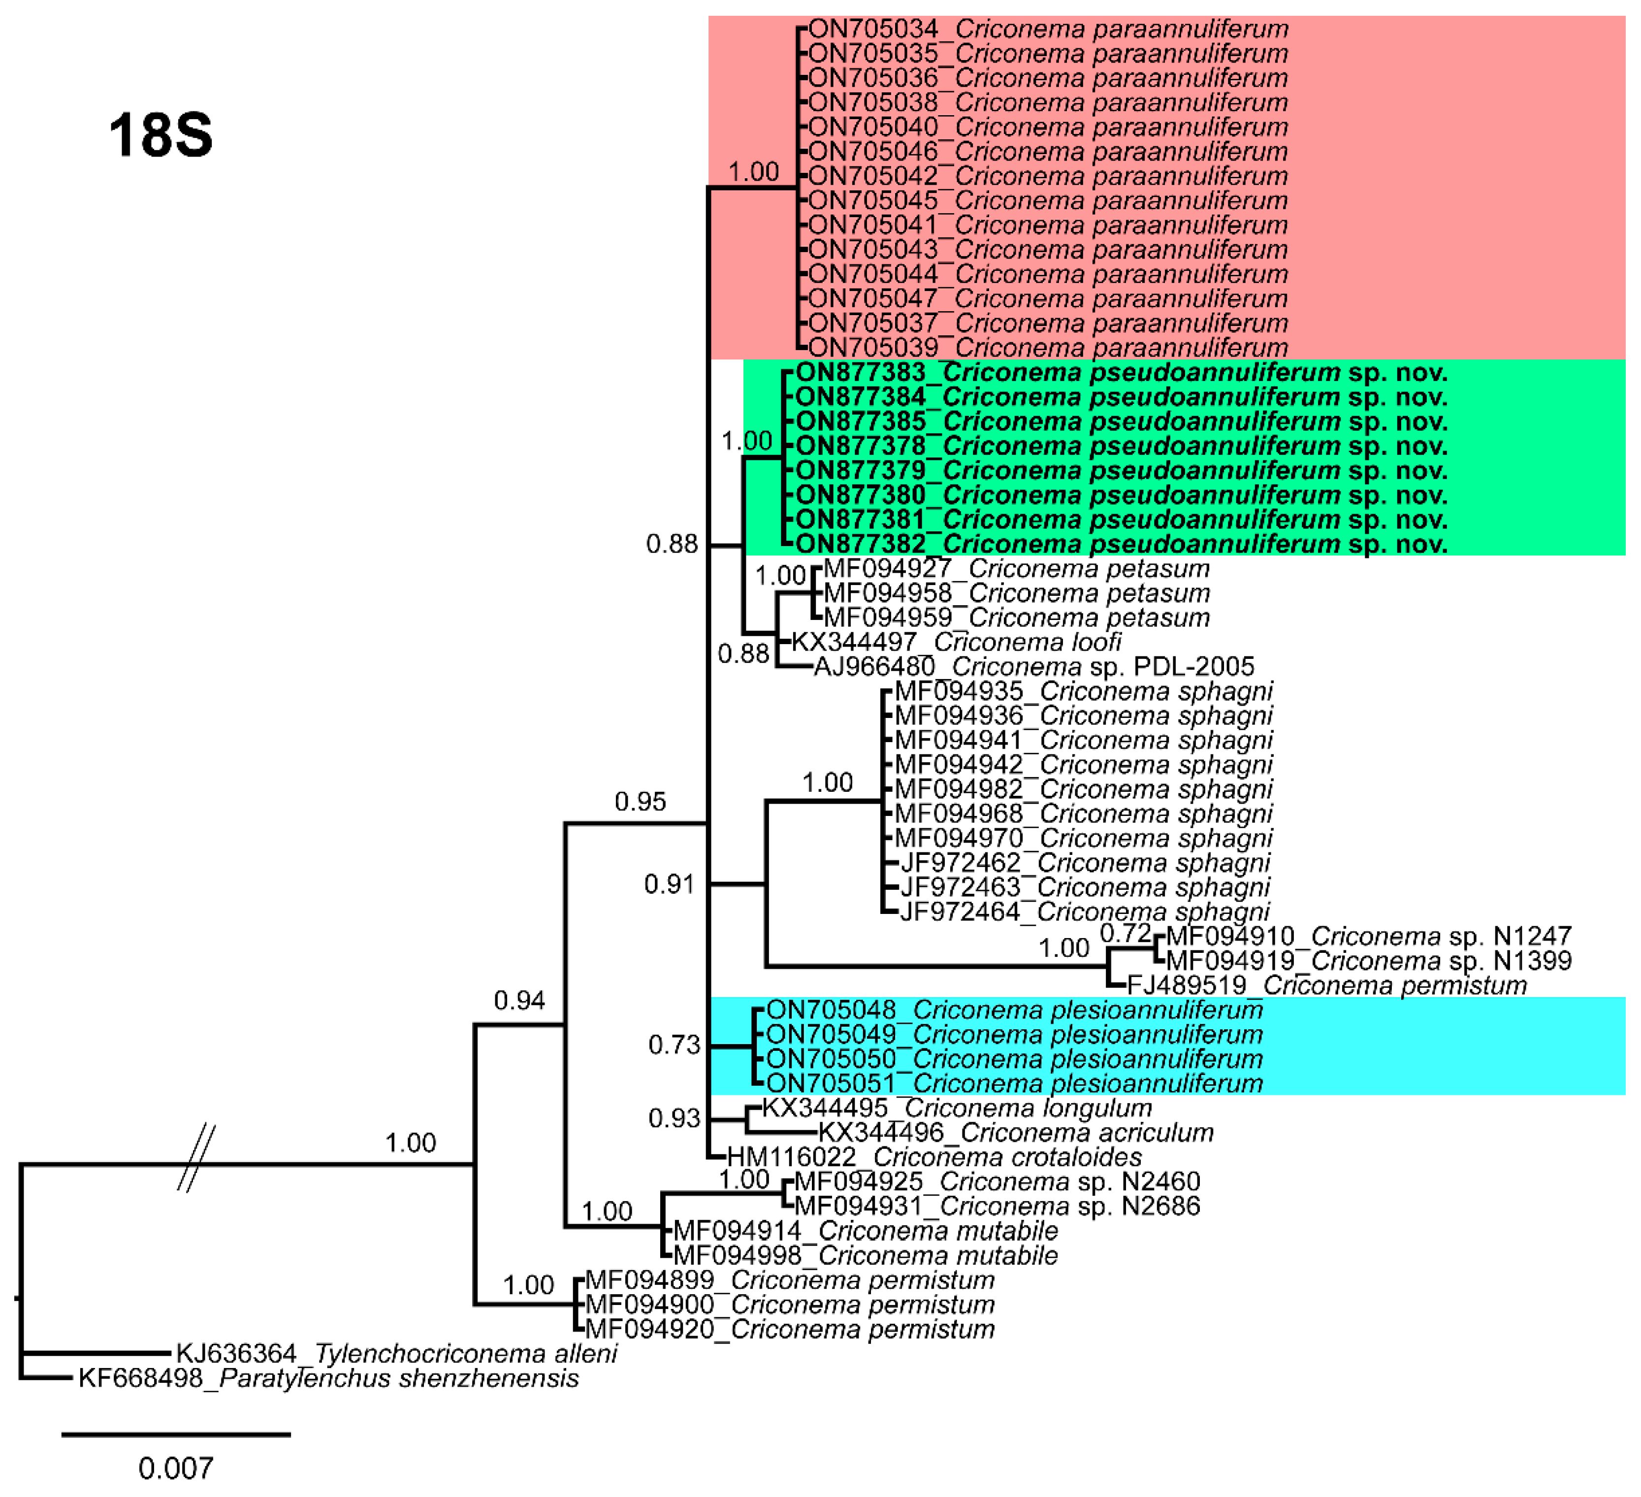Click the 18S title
click(x=161, y=135)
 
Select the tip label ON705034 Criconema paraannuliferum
click(x=1048, y=30)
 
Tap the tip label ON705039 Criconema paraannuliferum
click(x=1048, y=348)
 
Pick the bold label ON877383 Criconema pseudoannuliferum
click(x=1121, y=373)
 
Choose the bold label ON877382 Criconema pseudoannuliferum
click(x=1121, y=544)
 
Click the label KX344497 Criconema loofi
click(x=957, y=642)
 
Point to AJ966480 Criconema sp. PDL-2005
click(x=1034, y=667)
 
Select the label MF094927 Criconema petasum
click(x=1016, y=568)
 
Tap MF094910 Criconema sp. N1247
click(x=1368, y=936)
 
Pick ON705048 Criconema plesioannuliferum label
click(x=1014, y=1010)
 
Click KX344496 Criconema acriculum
click(x=1015, y=1132)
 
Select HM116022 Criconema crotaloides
click(x=933, y=1157)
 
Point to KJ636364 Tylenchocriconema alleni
click(x=396, y=1353)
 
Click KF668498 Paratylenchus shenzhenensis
click(x=328, y=1377)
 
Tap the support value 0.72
click(x=1125, y=933)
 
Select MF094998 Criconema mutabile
click(x=865, y=1255)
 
